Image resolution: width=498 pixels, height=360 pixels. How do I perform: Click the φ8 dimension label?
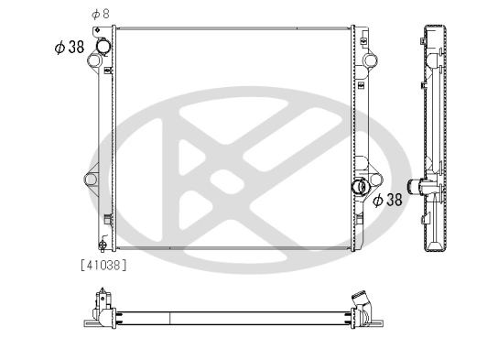click(x=100, y=14)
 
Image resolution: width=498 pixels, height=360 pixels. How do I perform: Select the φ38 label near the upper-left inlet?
click(x=70, y=48)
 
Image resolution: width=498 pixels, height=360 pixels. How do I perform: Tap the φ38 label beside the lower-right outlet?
click(x=385, y=199)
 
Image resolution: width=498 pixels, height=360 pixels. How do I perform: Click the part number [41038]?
click(x=103, y=266)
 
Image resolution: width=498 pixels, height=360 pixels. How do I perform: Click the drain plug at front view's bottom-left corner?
click(x=103, y=245)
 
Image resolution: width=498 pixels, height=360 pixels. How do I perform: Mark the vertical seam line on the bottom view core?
click(x=171, y=316)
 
